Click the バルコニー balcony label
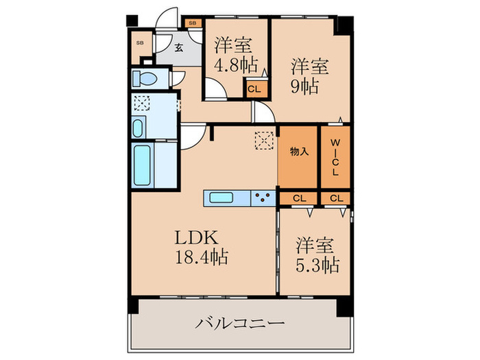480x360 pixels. point(240,323)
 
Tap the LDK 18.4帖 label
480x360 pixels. point(201,247)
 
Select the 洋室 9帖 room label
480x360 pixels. point(309,77)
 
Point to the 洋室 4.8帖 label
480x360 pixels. point(236,56)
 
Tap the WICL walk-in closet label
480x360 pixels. point(335,157)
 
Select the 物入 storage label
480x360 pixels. point(299,152)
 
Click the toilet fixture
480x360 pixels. point(145,79)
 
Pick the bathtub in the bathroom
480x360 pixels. point(143,165)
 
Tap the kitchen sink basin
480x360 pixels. point(221,197)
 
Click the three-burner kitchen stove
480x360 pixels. point(263,197)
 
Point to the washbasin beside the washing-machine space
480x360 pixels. point(138,128)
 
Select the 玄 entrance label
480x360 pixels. point(179,48)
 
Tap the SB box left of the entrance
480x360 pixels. point(140,43)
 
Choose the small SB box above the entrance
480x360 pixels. point(193,23)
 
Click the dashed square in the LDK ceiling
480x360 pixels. point(264,141)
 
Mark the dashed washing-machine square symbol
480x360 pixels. point(142,103)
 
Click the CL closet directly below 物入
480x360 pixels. point(299,198)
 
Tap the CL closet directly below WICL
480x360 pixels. point(336,198)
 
